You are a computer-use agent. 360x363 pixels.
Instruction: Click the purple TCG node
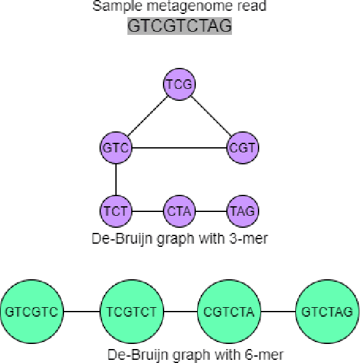[x=179, y=84]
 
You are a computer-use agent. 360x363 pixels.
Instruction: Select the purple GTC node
[x=116, y=148]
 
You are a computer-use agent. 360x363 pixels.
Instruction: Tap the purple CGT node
[x=243, y=148]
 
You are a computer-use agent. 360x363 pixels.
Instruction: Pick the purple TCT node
[x=116, y=211]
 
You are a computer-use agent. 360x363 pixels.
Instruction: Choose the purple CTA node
[x=179, y=211]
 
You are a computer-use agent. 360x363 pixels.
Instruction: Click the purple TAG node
[x=243, y=211]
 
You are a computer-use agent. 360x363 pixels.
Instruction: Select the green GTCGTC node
[x=33, y=312]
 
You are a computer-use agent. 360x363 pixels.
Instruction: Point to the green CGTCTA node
[x=228, y=312]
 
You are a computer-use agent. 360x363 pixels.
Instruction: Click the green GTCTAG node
[x=326, y=312]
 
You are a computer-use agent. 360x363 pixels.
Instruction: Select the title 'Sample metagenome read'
[x=180, y=7]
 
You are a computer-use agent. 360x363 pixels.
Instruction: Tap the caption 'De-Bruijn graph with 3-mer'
[x=180, y=239]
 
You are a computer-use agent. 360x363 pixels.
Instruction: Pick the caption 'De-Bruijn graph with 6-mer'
[x=180, y=354]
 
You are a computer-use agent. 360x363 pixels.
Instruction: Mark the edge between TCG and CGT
[x=211, y=115]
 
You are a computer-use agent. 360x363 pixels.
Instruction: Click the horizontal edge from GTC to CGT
[x=179, y=148]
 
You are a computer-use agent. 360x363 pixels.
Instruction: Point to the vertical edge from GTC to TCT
[x=116, y=179]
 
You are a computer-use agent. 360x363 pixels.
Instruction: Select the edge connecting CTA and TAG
[x=211, y=211]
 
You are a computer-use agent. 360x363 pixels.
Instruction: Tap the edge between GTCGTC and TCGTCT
[x=82, y=312]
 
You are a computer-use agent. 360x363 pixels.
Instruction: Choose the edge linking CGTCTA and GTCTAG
[x=278, y=312]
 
